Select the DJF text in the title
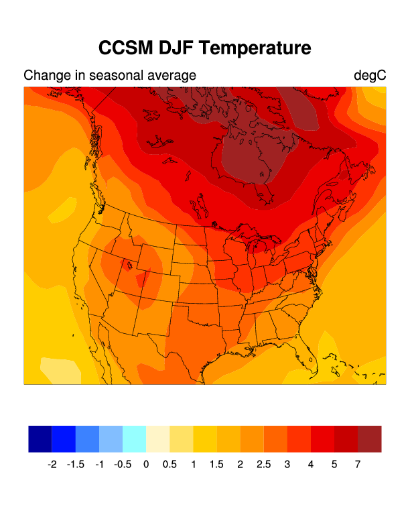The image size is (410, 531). coord(177,48)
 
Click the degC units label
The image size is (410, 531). coord(370,75)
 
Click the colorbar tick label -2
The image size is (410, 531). coord(52,464)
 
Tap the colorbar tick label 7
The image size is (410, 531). coord(358,464)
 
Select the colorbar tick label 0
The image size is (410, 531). coord(146,464)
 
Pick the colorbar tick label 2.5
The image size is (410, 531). coord(264,464)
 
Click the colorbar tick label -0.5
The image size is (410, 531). coord(123,464)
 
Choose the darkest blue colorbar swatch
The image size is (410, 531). coord(40,438)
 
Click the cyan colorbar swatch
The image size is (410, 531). coord(134,438)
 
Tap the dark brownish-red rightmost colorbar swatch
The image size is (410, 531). coord(369,438)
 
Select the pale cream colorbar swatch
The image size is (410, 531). coord(158,438)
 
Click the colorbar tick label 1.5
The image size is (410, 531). coord(216,464)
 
